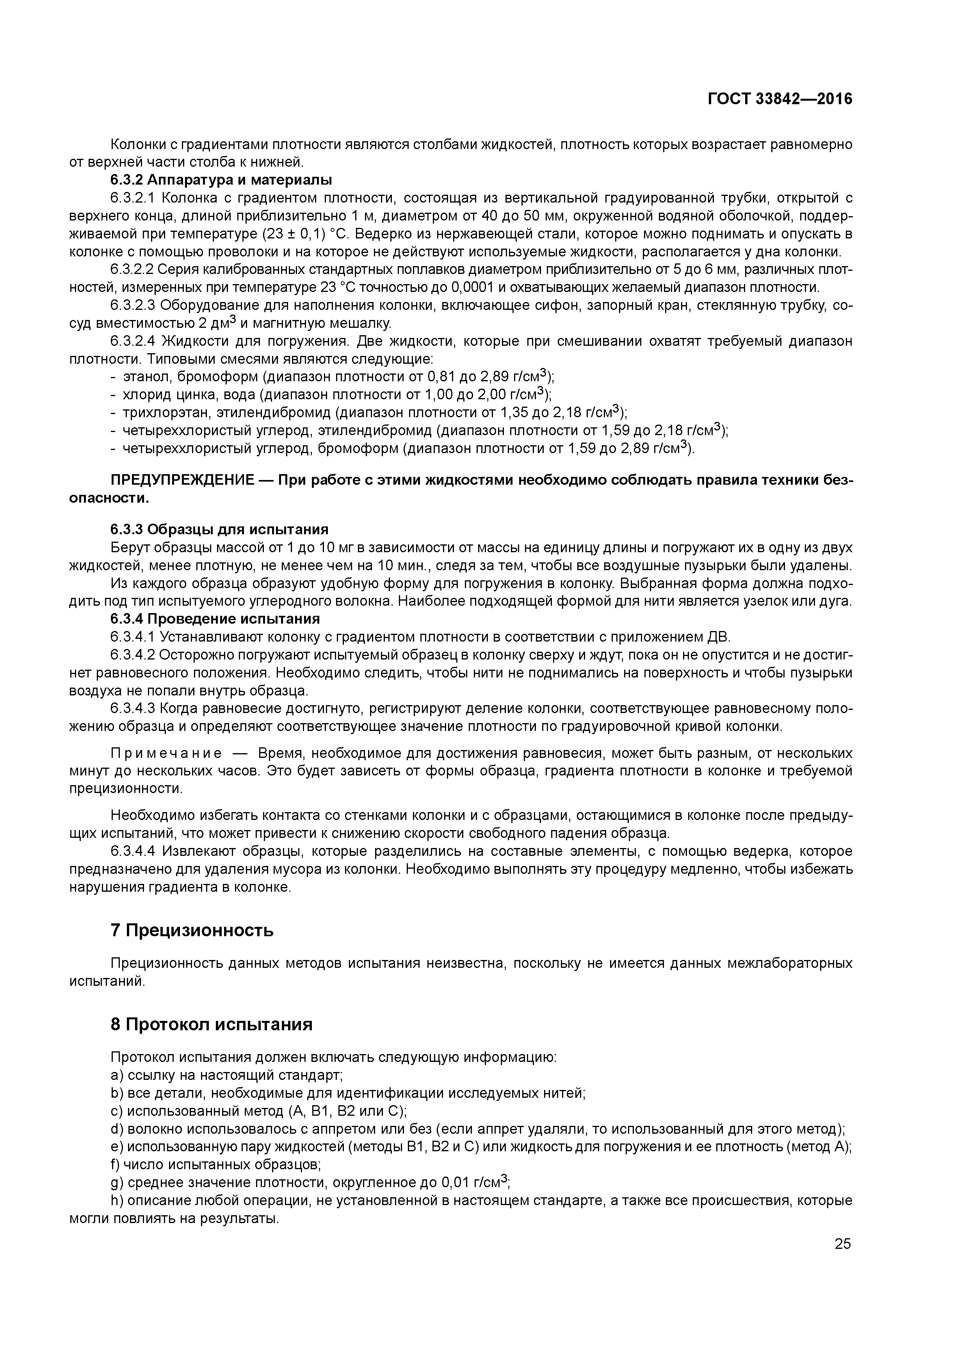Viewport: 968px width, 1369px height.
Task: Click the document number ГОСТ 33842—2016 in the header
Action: click(780, 99)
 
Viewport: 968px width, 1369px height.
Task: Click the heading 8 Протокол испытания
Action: click(211, 1024)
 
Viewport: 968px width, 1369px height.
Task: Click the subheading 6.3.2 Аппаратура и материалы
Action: click(221, 180)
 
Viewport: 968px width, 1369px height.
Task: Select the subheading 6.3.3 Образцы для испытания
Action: click(219, 530)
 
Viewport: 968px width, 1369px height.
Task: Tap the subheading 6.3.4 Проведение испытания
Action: click(215, 618)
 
